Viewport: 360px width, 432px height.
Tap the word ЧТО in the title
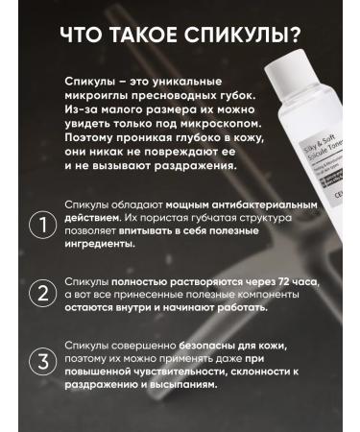coord(82,35)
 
